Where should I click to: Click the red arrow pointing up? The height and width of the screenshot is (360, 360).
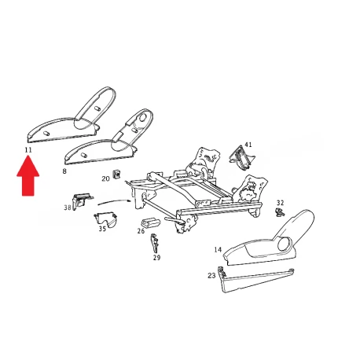pyautogui.click(x=28, y=175)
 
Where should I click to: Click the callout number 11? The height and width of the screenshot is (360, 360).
pyautogui.click(x=28, y=150)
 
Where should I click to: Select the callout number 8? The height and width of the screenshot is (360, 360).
pyautogui.click(x=64, y=171)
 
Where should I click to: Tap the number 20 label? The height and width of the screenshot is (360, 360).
pyautogui.click(x=105, y=179)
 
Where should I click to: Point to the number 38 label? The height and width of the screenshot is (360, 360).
pyautogui.click(x=68, y=208)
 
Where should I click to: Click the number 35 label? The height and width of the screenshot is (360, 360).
pyautogui.click(x=102, y=229)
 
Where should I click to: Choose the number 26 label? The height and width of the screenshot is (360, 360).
pyautogui.click(x=141, y=231)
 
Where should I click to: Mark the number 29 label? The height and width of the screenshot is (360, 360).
pyautogui.click(x=156, y=258)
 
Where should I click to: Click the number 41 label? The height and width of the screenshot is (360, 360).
pyautogui.click(x=248, y=145)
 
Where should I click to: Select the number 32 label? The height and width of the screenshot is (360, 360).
pyautogui.click(x=280, y=203)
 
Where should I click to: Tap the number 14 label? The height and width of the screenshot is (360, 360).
pyautogui.click(x=218, y=250)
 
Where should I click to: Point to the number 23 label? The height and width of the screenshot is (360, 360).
pyautogui.click(x=211, y=276)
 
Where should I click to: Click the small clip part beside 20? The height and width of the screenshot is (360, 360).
pyautogui.click(x=116, y=174)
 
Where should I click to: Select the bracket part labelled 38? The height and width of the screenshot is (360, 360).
pyautogui.click(x=82, y=200)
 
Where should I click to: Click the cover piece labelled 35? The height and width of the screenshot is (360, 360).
pyautogui.click(x=105, y=219)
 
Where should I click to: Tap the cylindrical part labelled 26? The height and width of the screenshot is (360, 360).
pyautogui.click(x=150, y=222)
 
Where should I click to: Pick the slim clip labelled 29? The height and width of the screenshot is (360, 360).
pyautogui.click(x=154, y=243)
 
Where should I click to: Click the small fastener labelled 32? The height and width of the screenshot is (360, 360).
pyautogui.click(x=280, y=212)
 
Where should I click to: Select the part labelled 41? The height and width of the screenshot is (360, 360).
pyautogui.click(x=241, y=157)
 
